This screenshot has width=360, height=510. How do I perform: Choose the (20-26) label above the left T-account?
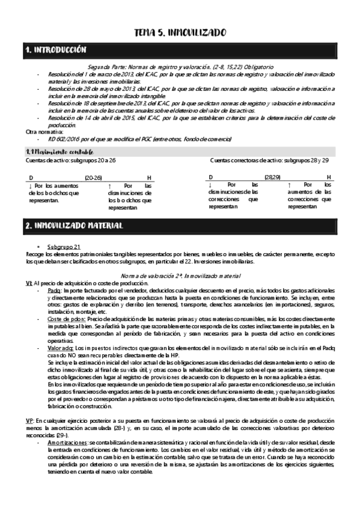point(93,177)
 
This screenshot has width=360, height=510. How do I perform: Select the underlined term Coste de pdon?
point(64,318)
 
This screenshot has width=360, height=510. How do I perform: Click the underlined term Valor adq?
point(61,348)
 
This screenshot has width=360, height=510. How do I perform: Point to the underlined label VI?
point(29,283)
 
